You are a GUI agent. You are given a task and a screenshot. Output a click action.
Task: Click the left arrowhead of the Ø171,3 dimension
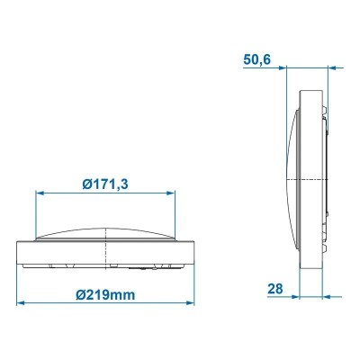(x=39, y=193)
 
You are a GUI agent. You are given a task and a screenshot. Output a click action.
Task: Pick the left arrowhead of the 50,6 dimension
(x=291, y=66)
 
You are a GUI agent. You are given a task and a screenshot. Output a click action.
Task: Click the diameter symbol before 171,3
(x=85, y=184)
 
